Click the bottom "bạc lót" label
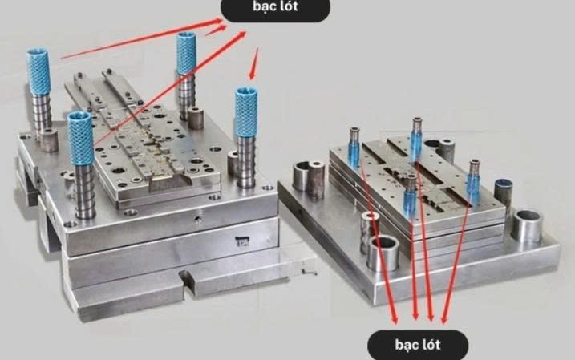tap(418, 345)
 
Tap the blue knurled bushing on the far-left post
tap(38, 71)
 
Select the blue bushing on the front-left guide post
tap(80, 138)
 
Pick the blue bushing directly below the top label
tap(186, 54)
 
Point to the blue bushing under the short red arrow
tap(245, 111)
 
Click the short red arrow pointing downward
tap(254, 64)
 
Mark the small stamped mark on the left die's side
tap(242, 241)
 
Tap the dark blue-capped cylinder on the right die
tap(503, 194)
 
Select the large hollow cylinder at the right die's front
tap(383, 253)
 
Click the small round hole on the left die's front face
tap(197, 219)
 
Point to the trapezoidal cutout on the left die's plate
tap(170, 183)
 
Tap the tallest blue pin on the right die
tap(416, 140)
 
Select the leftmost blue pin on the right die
tap(354, 148)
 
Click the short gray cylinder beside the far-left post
tap(49, 140)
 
